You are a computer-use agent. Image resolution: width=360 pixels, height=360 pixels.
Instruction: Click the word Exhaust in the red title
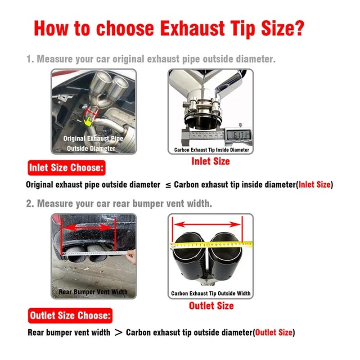tap(192, 28)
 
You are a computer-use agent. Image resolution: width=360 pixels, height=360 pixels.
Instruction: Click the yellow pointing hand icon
tap(88, 121)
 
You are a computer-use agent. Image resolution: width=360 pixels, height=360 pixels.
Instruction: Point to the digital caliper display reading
tap(239, 135)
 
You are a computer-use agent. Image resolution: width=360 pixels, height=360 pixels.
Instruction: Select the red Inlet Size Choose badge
tap(67, 168)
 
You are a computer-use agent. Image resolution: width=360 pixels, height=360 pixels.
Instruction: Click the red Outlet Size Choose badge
tap(70, 316)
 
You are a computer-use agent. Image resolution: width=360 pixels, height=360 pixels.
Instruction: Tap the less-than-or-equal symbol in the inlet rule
tap(168, 185)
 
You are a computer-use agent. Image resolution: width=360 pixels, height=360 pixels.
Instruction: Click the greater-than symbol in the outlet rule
tap(118, 332)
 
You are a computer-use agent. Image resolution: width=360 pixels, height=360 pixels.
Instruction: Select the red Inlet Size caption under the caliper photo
tap(211, 162)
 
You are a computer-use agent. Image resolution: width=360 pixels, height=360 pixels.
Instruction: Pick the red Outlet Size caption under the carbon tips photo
tap(211, 306)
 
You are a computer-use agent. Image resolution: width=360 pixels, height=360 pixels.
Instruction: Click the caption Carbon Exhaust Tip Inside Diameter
tap(211, 150)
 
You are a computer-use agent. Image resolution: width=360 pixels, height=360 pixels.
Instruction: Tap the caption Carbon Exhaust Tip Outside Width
tap(211, 293)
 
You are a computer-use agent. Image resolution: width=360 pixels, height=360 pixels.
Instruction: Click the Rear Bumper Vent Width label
tap(93, 292)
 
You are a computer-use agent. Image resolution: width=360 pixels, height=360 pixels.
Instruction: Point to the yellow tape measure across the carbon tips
tap(211, 245)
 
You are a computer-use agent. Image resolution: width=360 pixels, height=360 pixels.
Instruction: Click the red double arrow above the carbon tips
tap(207, 224)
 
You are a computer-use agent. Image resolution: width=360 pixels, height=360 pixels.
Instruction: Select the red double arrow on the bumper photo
tap(88, 228)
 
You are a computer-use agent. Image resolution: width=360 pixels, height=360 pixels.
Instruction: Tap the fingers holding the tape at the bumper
tap(131, 256)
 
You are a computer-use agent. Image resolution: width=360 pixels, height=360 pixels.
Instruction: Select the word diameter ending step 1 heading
tap(256, 59)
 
